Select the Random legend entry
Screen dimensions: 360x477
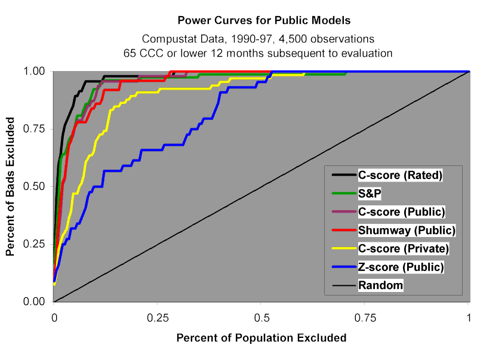[x=380, y=285]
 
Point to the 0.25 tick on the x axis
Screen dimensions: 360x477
[x=157, y=315]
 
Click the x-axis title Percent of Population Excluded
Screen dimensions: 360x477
[x=261, y=338]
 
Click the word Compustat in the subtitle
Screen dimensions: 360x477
[x=165, y=39]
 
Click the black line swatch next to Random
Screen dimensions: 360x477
[x=343, y=285]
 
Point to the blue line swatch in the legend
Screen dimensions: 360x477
[x=343, y=267]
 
